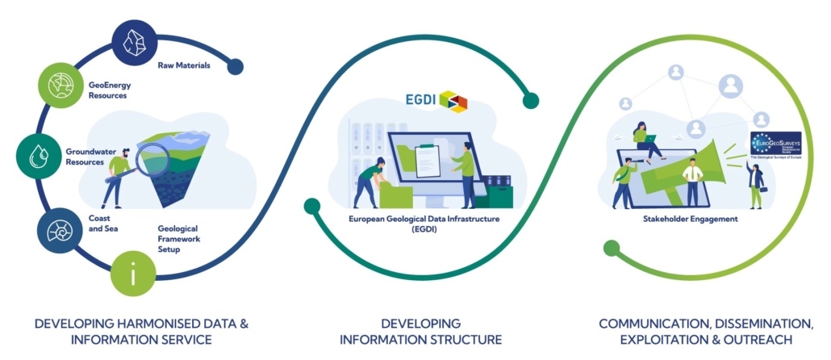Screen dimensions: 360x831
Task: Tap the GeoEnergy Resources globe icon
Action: [61, 84]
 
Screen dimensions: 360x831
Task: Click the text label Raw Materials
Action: [184, 65]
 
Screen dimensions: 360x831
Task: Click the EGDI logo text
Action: [420, 100]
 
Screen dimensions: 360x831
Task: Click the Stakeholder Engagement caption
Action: [689, 219]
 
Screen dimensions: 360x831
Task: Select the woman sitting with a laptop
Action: [645, 142]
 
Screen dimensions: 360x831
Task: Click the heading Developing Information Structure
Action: [420, 331]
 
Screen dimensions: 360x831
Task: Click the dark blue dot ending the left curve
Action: [235, 67]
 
